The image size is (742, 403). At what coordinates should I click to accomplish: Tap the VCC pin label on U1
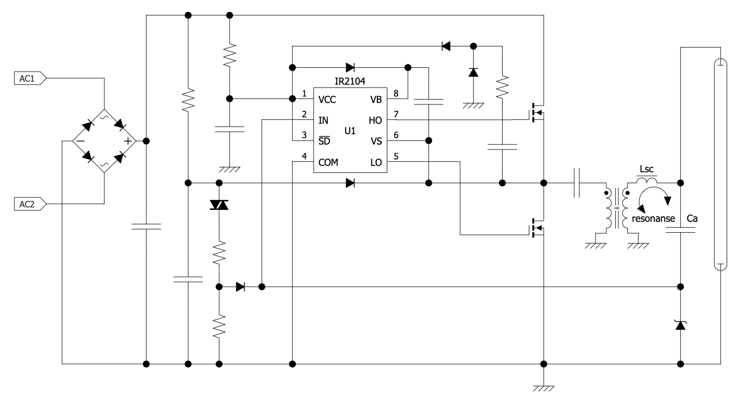point(327,100)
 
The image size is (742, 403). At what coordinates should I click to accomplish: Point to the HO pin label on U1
point(375,120)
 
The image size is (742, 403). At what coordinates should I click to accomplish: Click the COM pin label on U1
point(328,162)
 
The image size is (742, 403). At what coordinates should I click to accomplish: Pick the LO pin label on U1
point(376,162)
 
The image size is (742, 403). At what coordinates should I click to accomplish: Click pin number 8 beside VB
point(396,93)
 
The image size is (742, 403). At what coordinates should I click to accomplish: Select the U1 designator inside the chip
point(350,131)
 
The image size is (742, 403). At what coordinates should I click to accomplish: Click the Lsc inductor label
point(647,169)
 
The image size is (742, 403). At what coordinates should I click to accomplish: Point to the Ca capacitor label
point(693,218)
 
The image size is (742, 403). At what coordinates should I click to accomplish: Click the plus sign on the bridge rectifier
point(128,141)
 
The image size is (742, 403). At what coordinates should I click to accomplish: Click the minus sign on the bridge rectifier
point(81,141)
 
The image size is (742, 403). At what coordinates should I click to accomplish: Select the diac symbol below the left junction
point(219,204)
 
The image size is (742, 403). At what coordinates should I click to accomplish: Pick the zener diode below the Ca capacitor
point(681,325)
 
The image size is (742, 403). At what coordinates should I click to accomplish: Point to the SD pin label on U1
point(325,141)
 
